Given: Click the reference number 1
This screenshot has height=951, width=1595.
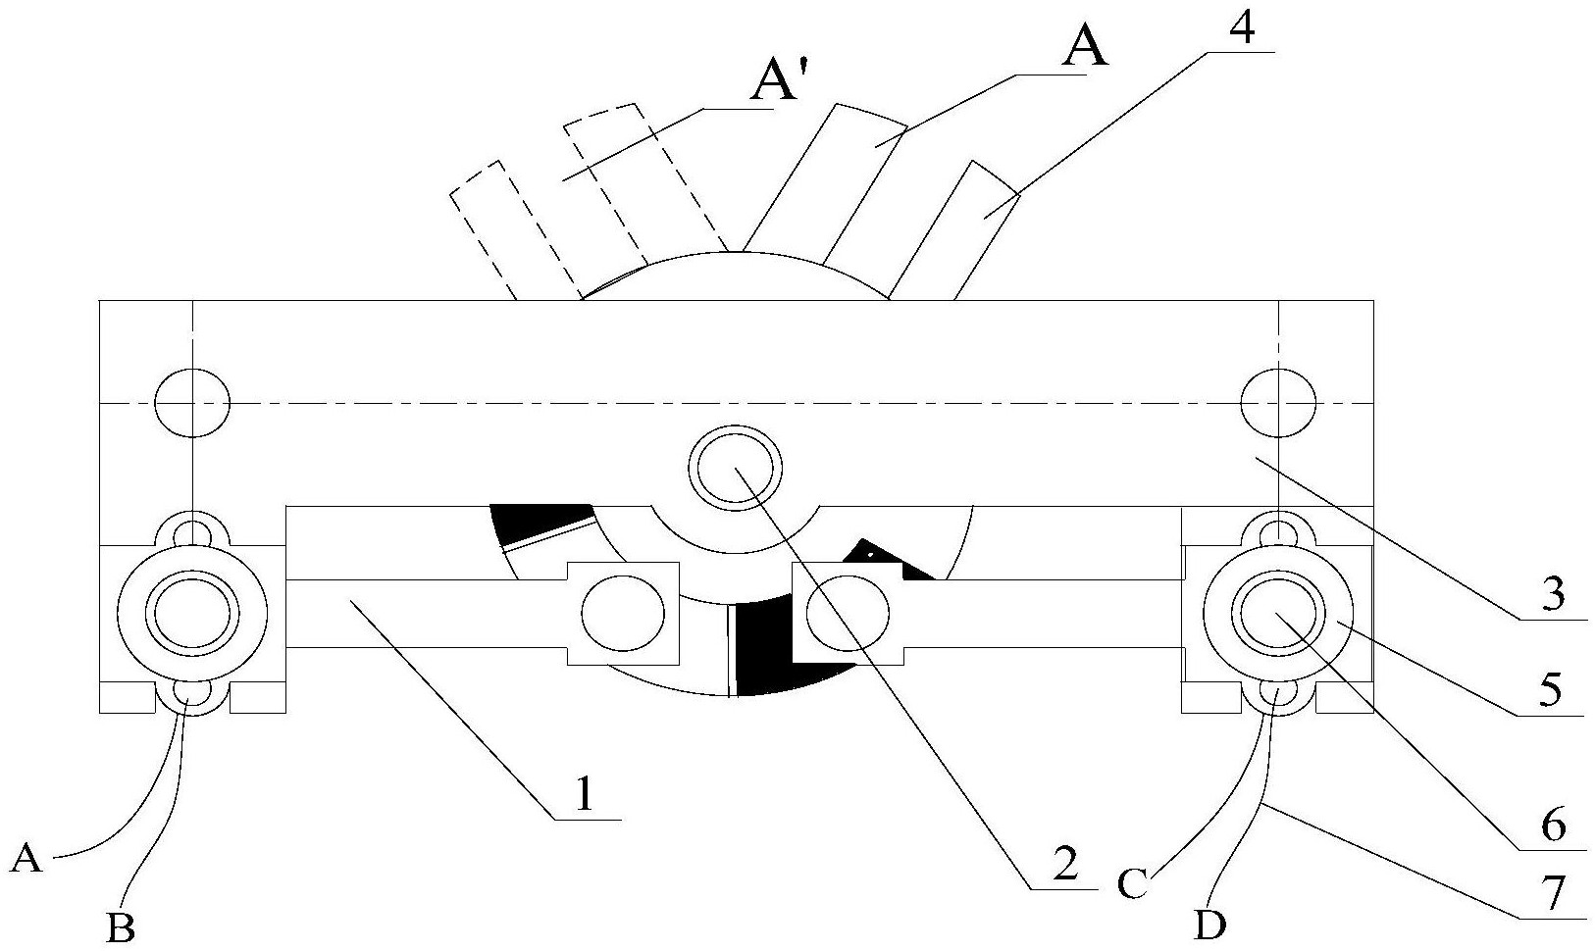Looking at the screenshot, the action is pyautogui.click(x=585, y=794).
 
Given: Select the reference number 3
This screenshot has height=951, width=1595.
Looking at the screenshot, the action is pyautogui.click(x=1552, y=594).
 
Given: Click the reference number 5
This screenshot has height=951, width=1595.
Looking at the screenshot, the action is pyautogui.click(x=1550, y=687).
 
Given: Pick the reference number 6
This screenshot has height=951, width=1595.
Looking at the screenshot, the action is pyautogui.click(x=1551, y=825).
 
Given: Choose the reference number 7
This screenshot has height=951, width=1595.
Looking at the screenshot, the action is pyautogui.click(x=1551, y=894).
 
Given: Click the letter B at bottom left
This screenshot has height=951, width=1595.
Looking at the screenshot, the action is pyautogui.click(x=121, y=927).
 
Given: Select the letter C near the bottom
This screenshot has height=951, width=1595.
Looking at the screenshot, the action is pyautogui.click(x=1131, y=884).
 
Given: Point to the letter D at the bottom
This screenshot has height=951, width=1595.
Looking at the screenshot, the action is pyautogui.click(x=1210, y=926).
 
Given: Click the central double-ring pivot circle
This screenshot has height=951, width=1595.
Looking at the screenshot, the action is pyautogui.click(x=735, y=468).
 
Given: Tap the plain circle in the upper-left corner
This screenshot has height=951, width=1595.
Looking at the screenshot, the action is pyautogui.click(x=193, y=403).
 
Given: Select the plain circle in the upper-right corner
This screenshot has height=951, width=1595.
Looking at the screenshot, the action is pyautogui.click(x=1278, y=403).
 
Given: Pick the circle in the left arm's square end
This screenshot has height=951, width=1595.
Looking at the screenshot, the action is pyautogui.click(x=623, y=614).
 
